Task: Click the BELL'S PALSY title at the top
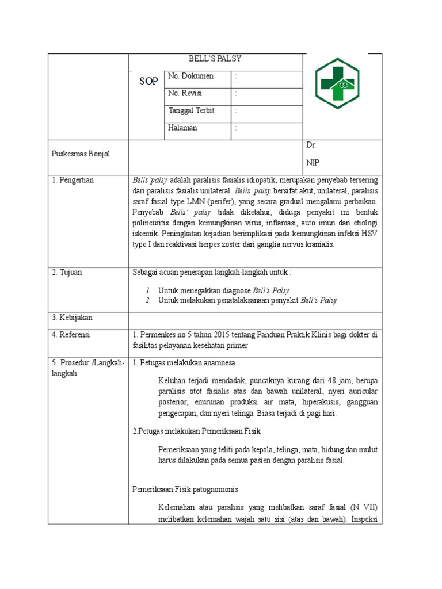pos(215,59)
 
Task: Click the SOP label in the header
pos(148,81)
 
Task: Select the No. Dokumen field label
pos(190,76)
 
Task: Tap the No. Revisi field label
pos(185,93)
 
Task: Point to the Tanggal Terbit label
pos(191,110)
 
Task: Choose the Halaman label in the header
pos(182,128)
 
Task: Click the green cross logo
pos(337,83)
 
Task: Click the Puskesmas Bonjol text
pos(81,154)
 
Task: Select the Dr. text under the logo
pos(311,146)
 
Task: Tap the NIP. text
pos(313,163)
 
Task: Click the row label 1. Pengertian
pos(73,180)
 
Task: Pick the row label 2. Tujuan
pos(67,272)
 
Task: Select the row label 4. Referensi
pos(71,334)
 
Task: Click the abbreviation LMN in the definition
pos(200,201)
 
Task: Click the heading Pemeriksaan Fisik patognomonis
pos(185,489)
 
